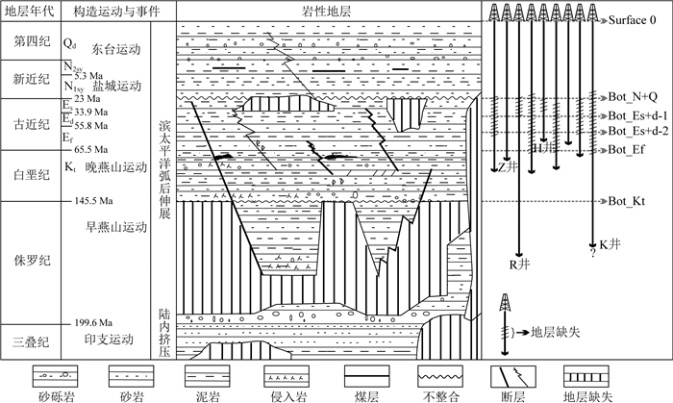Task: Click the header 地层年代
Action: click(28, 11)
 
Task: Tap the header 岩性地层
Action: click(328, 11)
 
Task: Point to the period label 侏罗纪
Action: click(28, 260)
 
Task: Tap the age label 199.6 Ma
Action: click(93, 322)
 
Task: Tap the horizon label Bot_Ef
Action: click(628, 150)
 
